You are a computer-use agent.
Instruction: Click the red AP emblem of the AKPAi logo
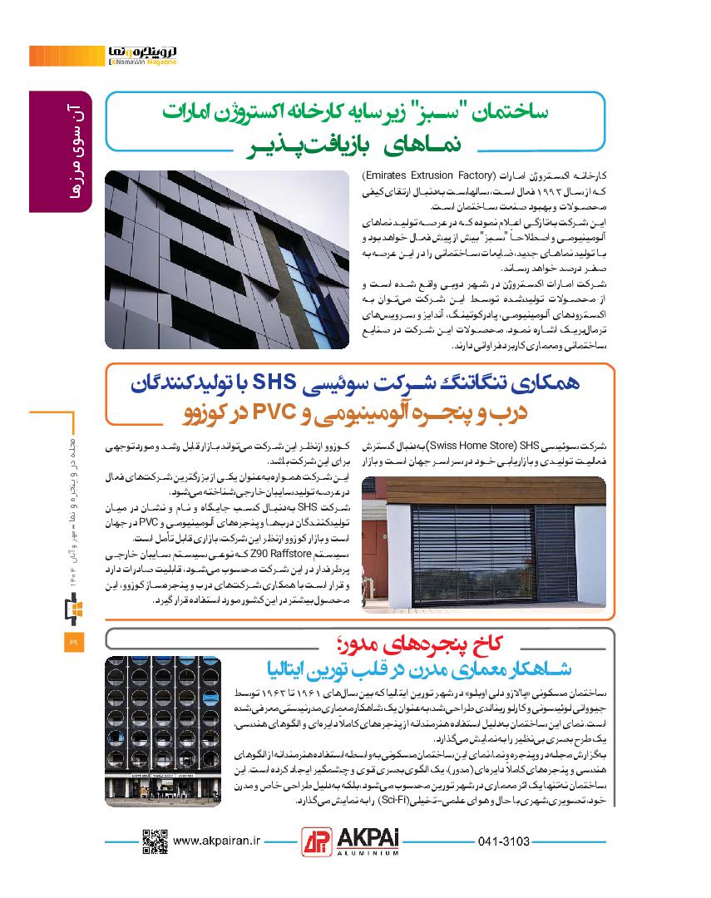pyautogui.click(x=316, y=842)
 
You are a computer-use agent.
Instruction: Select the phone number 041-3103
pyautogui.click(x=504, y=841)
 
